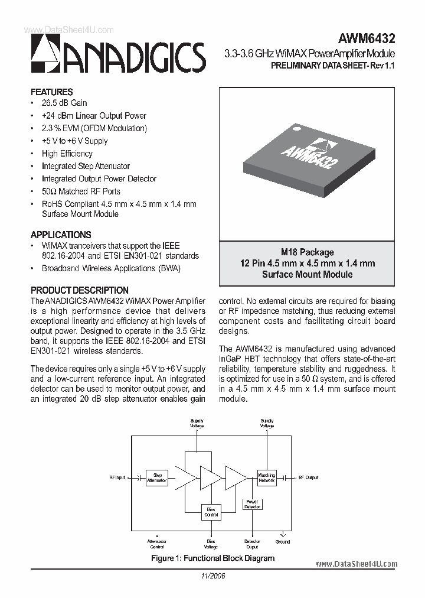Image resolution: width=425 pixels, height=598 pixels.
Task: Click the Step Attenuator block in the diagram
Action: click(157, 477)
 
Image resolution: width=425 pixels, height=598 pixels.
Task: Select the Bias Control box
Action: click(211, 512)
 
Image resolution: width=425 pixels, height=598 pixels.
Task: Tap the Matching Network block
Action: click(266, 478)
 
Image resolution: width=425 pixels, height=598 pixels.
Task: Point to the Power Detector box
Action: click(252, 504)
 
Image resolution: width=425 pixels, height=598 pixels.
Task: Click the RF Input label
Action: click(117, 477)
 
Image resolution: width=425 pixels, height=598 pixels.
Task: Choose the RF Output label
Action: click(308, 477)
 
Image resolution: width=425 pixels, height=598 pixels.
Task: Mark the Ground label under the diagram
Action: click(283, 541)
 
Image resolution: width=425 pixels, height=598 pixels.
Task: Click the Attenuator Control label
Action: click(157, 544)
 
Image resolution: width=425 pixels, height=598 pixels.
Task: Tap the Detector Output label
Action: click(252, 544)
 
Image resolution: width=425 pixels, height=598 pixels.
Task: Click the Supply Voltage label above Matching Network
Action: click(267, 423)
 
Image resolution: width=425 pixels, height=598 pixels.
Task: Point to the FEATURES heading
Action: click(52, 92)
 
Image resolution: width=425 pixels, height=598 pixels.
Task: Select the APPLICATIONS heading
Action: click(61, 235)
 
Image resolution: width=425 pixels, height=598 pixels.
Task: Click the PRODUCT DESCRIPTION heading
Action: click(80, 290)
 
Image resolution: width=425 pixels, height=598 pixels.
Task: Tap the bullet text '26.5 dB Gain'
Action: click(64, 103)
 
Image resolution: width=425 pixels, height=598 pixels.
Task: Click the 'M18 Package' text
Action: click(307, 252)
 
